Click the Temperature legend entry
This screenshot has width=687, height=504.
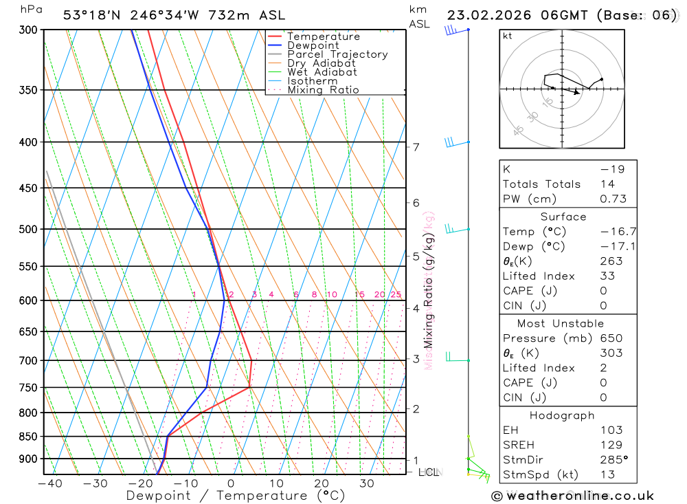pos(323,36)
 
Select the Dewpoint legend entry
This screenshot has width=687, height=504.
pos(313,45)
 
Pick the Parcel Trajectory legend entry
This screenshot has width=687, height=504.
pos(337,54)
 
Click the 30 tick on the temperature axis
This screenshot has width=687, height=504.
pos(366,483)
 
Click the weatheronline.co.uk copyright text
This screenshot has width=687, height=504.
pos(572,495)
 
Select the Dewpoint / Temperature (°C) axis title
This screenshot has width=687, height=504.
pos(236,496)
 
